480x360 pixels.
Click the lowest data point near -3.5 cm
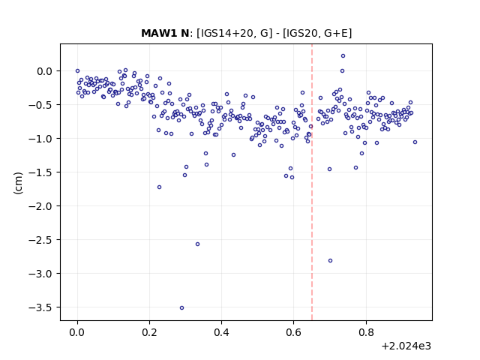(x=181, y=308)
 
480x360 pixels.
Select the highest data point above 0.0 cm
(x=343, y=56)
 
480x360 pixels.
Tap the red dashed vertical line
(x=312, y=182)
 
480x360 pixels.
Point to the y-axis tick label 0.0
(x=45, y=71)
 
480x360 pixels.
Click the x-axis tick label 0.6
(x=293, y=332)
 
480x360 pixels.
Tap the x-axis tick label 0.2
(x=150, y=332)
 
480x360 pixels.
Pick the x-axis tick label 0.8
(x=366, y=332)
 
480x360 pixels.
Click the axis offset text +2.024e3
(x=406, y=346)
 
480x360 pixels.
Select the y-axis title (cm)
(x=18, y=183)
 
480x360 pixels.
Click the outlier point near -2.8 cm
(x=330, y=261)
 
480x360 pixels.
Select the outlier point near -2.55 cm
(x=198, y=244)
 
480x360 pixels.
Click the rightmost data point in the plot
(x=415, y=142)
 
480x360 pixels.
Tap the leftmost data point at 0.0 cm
(x=77, y=71)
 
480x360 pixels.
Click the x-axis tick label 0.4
(x=222, y=332)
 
